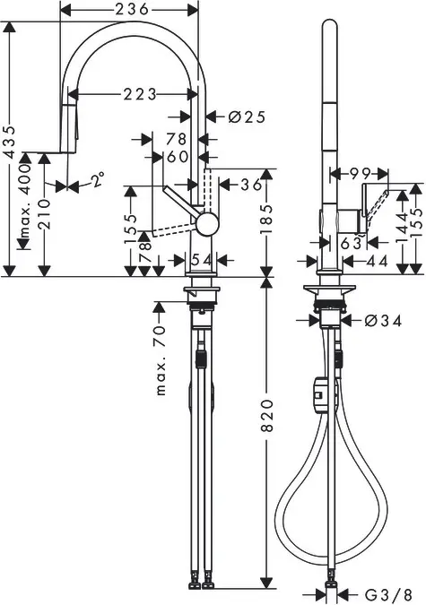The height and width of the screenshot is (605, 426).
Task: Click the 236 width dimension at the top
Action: [132, 9]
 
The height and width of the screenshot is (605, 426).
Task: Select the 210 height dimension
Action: [43, 213]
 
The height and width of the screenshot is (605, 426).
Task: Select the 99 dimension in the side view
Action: [361, 172]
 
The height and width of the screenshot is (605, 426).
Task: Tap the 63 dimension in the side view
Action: [351, 242]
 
